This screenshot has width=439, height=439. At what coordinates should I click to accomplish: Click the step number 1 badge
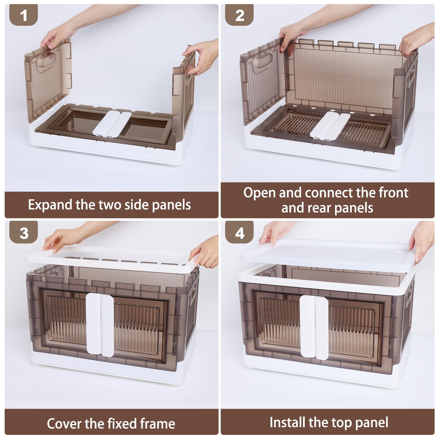click(x=24, y=15)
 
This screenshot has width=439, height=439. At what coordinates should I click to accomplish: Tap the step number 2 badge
click(x=239, y=15)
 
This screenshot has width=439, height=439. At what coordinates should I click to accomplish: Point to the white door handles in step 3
click(x=100, y=325)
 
